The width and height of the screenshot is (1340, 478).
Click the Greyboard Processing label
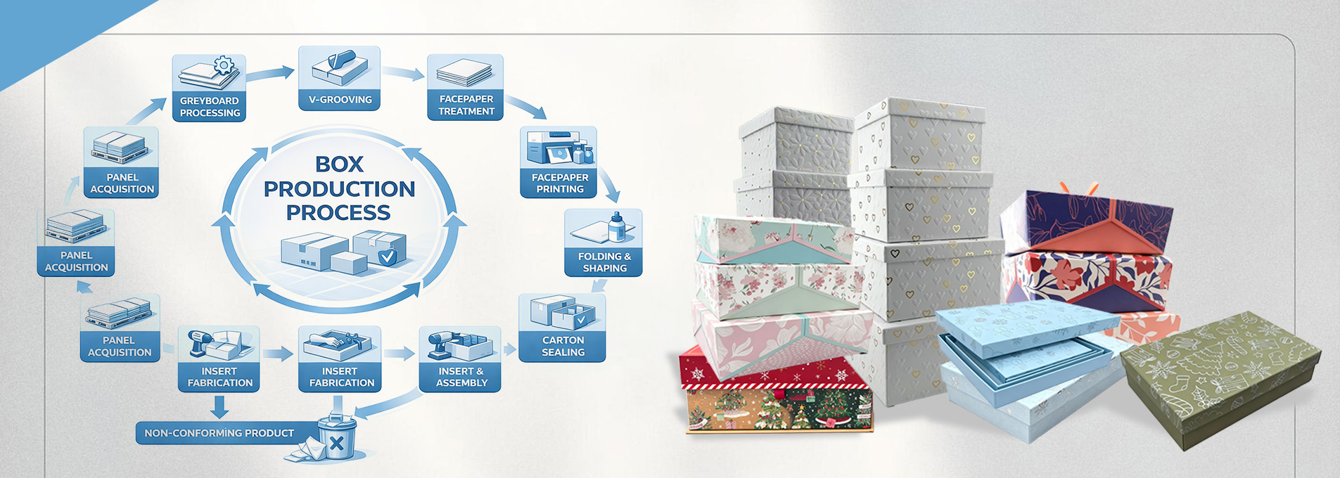point(209,107)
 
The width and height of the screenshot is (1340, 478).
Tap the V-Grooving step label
point(340,100)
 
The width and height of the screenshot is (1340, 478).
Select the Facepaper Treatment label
point(466,105)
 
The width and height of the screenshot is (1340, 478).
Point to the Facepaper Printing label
point(559,183)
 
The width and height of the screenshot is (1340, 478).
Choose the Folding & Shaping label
point(604,262)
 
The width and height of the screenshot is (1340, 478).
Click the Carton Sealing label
point(563,346)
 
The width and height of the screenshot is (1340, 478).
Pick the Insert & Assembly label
point(461,377)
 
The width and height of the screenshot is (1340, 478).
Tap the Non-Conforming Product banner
point(219,433)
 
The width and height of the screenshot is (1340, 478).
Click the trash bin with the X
point(336,440)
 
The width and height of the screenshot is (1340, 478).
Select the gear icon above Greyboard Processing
point(224,66)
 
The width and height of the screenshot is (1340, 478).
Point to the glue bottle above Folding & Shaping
point(616,227)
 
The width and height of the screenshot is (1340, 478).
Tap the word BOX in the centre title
point(339,164)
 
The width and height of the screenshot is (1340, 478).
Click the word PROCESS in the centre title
point(338,212)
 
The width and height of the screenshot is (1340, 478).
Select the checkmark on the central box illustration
point(387,257)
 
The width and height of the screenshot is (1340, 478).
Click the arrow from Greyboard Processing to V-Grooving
point(270,73)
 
